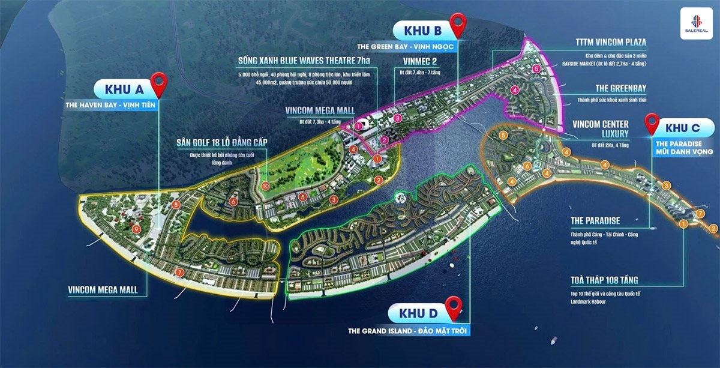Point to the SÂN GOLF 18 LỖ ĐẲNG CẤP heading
point(221,142)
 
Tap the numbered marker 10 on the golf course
point(266,186)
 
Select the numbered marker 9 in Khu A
point(136,229)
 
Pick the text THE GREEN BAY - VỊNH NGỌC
point(430,45)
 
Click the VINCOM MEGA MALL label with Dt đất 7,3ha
point(319,110)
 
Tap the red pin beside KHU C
point(652,124)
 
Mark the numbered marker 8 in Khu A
point(175,205)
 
